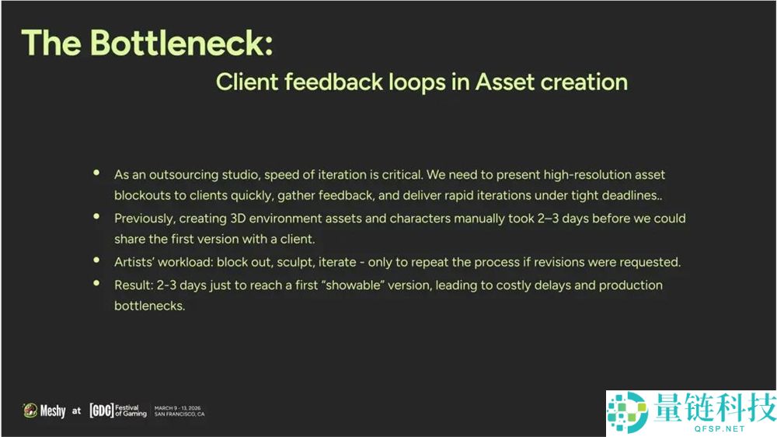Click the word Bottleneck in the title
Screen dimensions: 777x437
pyautogui.click(x=181, y=43)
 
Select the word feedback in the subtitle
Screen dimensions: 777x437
pyautogui.click(x=333, y=82)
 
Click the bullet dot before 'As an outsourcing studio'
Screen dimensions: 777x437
pyautogui.click(x=96, y=173)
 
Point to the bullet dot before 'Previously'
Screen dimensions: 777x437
pyautogui.click(x=96, y=216)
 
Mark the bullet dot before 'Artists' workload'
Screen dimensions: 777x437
pyautogui.click(x=96, y=260)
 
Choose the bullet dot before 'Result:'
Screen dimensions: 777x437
pyautogui.click(x=96, y=283)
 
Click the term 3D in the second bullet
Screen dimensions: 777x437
pyautogui.click(x=238, y=218)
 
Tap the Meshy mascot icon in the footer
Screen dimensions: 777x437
pyautogui.click(x=30, y=411)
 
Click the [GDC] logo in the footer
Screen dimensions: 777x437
pyautogui.click(x=102, y=411)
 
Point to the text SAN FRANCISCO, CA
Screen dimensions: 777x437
pyautogui.click(x=179, y=414)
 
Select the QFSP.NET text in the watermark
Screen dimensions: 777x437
pyautogui.click(x=720, y=428)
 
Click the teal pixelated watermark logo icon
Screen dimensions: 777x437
pyautogui.click(x=627, y=411)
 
